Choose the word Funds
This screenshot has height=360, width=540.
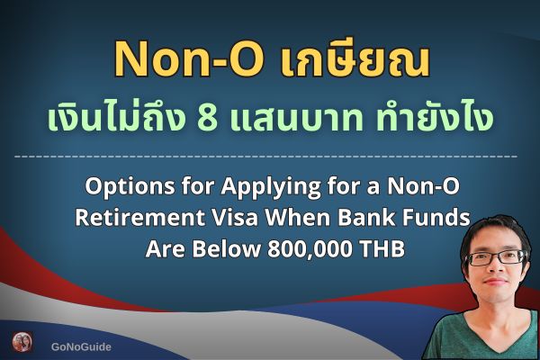tap(441, 218)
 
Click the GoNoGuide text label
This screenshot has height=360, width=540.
tap(82, 345)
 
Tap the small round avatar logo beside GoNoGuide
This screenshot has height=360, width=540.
tap(22, 343)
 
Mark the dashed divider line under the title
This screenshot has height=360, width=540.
tap(270, 157)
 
